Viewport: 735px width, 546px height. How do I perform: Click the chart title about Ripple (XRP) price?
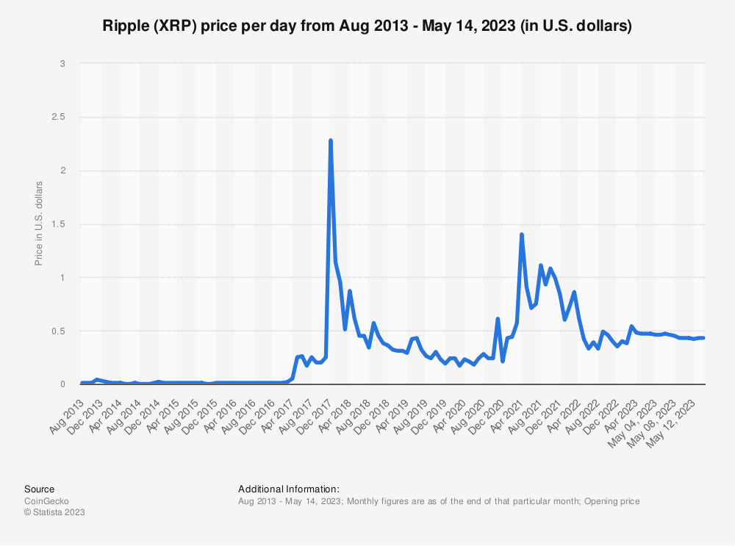click(367, 26)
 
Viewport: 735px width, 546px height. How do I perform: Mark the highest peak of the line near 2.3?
click(331, 140)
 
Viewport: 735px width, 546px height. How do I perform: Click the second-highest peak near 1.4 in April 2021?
click(522, 234)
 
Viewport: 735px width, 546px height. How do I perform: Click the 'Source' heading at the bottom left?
click(39, 489)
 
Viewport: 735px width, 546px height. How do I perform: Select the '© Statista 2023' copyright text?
click(54, 512)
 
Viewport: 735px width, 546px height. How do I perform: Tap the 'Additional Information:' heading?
click(289, 489)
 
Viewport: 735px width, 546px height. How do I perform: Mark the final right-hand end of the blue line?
click(703, 338)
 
